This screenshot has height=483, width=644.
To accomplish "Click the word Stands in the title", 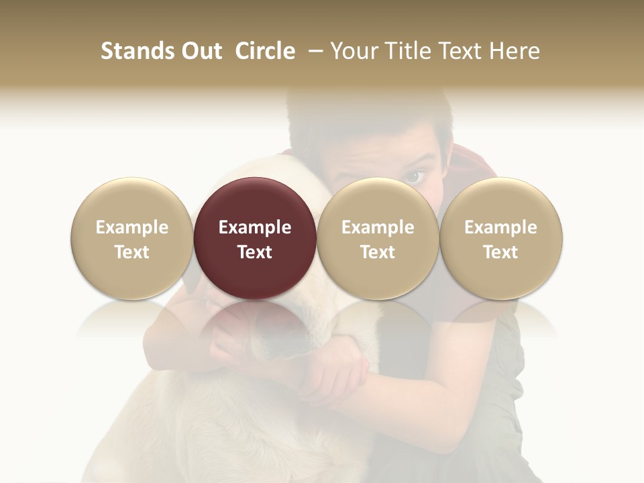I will tap(137, 51).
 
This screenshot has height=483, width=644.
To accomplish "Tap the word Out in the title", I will tap(200, 51).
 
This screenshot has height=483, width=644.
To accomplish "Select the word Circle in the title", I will tap(265, 51).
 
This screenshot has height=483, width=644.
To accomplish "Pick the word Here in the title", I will tap(515, 51).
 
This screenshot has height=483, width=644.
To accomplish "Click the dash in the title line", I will tap(313, 52).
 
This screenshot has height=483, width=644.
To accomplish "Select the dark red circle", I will tap(255, 239).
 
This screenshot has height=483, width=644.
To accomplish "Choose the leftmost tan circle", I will tap(132, 239).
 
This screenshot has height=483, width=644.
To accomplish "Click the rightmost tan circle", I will tap(500, 239).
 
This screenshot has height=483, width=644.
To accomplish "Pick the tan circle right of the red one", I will tap(378, 239).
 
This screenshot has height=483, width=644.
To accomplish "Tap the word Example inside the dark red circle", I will tap(255, 227).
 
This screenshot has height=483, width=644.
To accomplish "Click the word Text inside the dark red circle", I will tap(255, 252).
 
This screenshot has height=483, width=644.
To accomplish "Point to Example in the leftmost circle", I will tap(132, 227).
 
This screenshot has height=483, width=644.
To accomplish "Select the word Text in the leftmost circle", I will tap(132, 252).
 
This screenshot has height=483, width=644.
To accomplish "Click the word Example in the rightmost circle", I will tap(500, 227).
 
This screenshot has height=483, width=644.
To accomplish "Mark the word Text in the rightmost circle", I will tap(500, 252).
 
